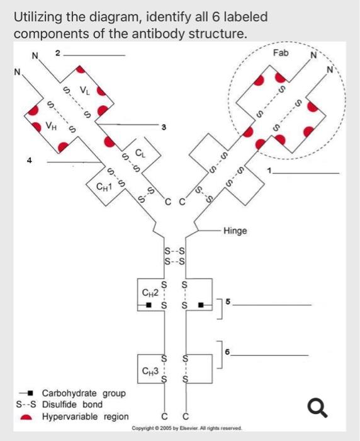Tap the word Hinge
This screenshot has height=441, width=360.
[235, 231]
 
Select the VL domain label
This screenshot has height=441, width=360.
[83, 91]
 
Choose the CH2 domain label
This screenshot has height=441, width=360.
[150, 292]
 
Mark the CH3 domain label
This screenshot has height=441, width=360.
[150, 370]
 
